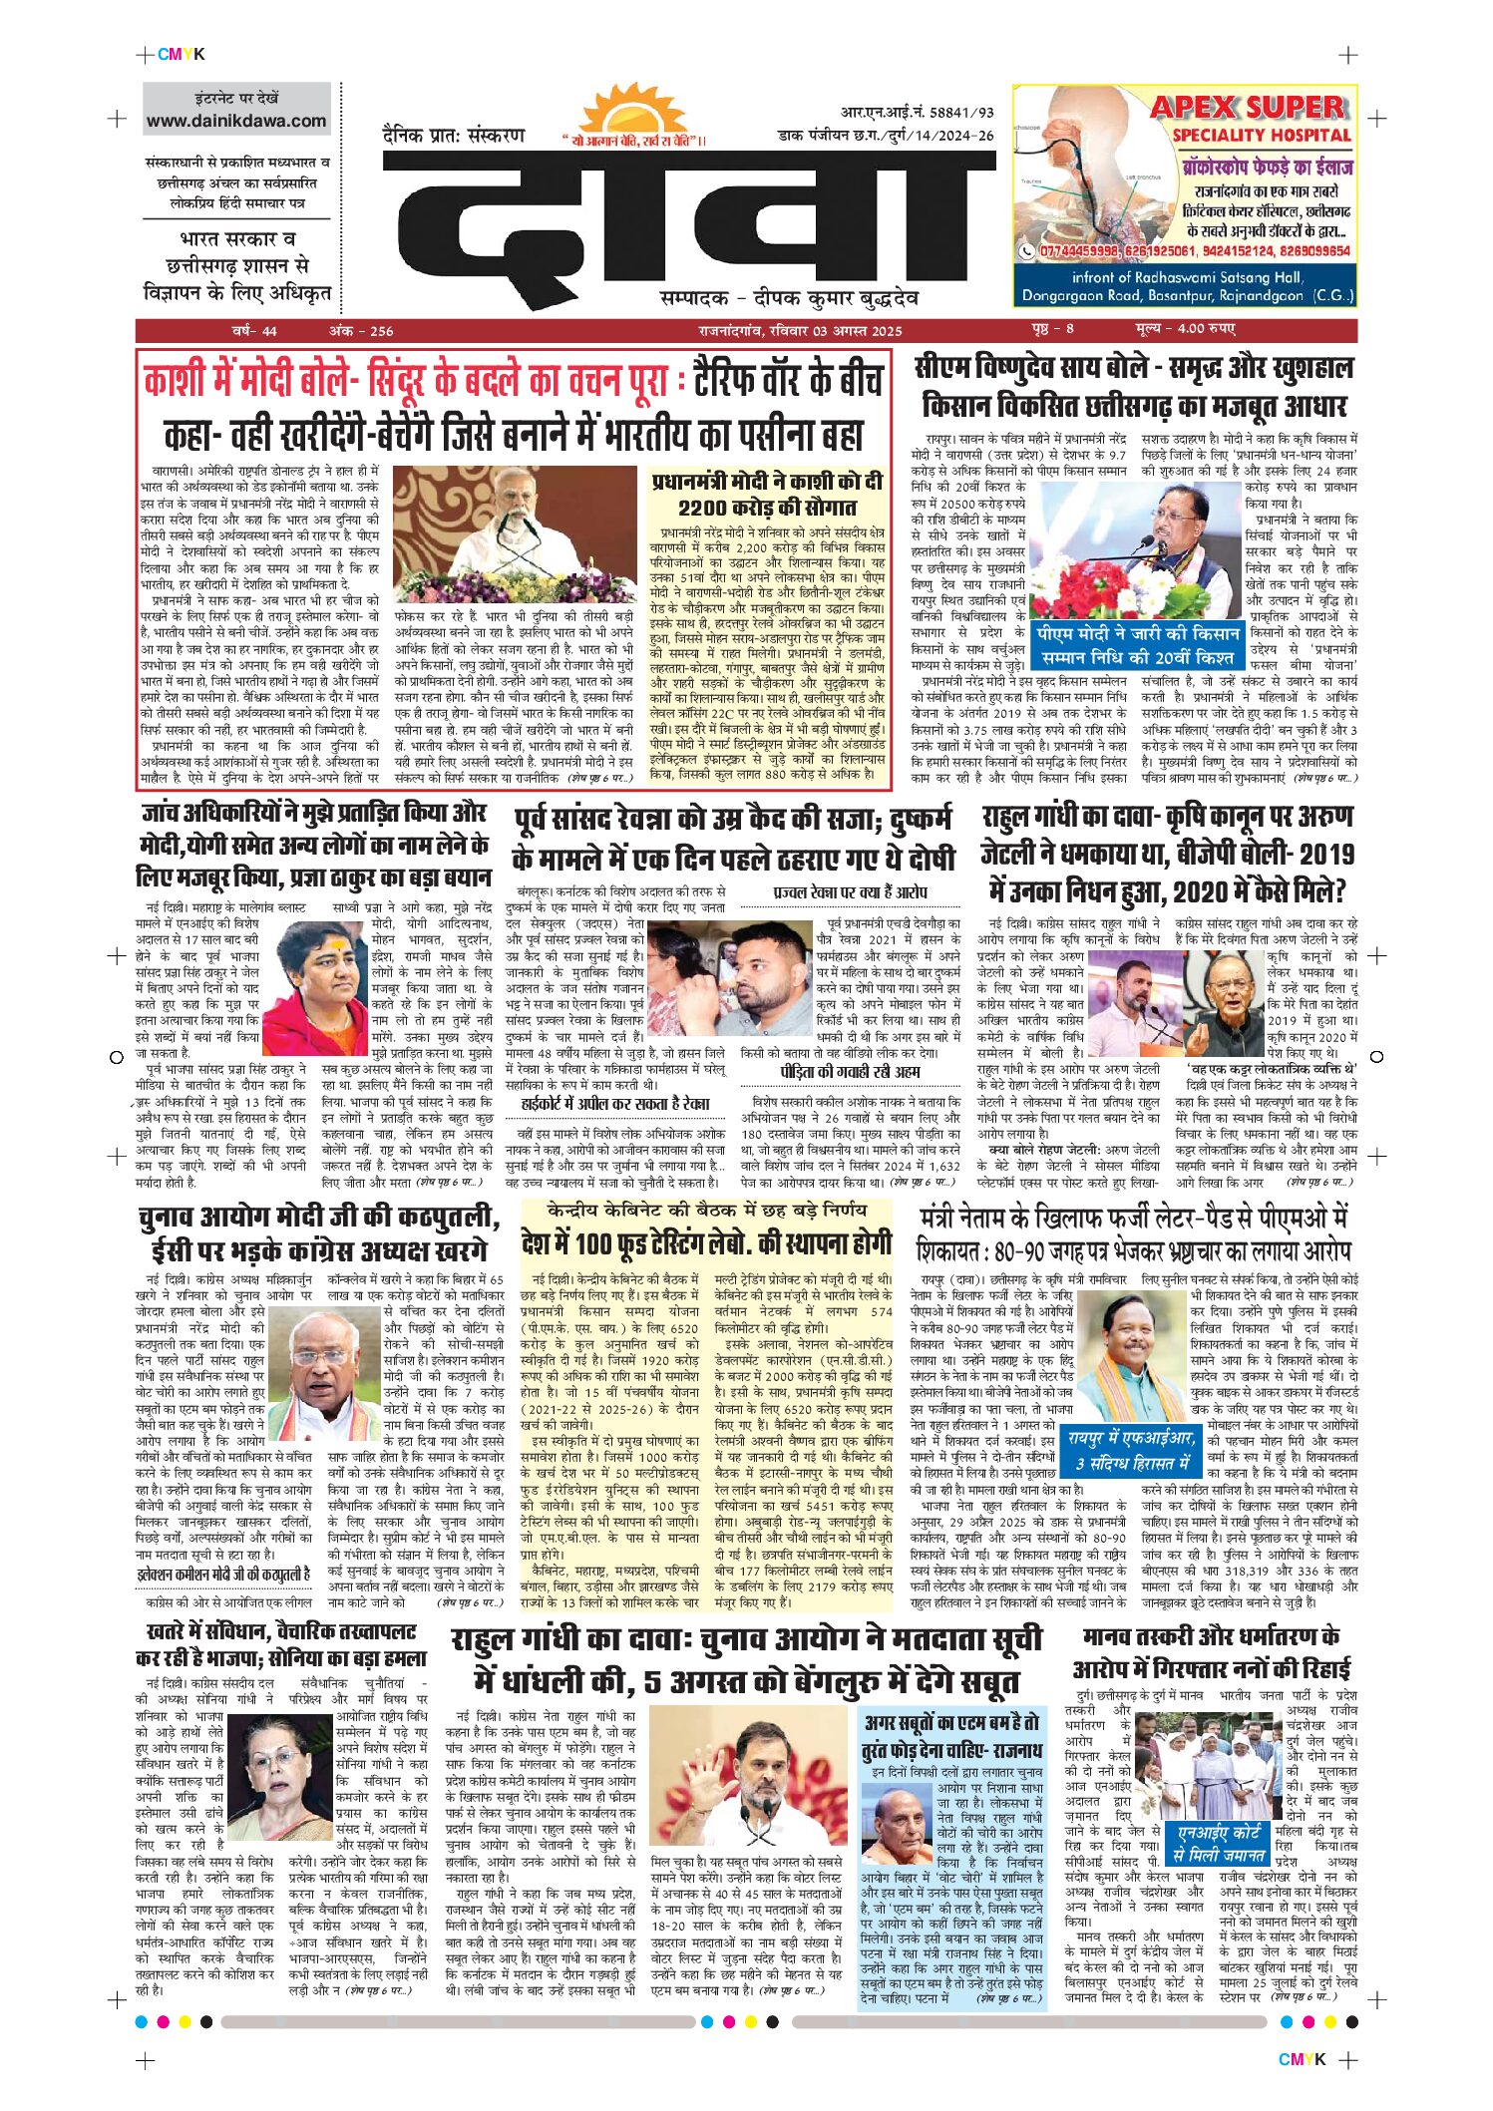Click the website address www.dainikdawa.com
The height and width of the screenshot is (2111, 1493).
[x=236, y=121]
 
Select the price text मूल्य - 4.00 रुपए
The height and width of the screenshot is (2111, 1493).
[x=1184, y=329]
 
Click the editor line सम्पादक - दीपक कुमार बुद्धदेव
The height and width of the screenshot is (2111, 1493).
[x=789, y=298]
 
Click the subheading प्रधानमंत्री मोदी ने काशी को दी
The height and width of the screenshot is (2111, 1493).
[x=767, y=482]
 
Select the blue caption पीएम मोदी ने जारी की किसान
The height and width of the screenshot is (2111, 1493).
[x=1136, y=634]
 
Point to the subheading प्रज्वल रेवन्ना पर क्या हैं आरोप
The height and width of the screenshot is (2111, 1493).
[x=850, y=891]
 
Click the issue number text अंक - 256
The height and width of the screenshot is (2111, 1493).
[x=361, y=331]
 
